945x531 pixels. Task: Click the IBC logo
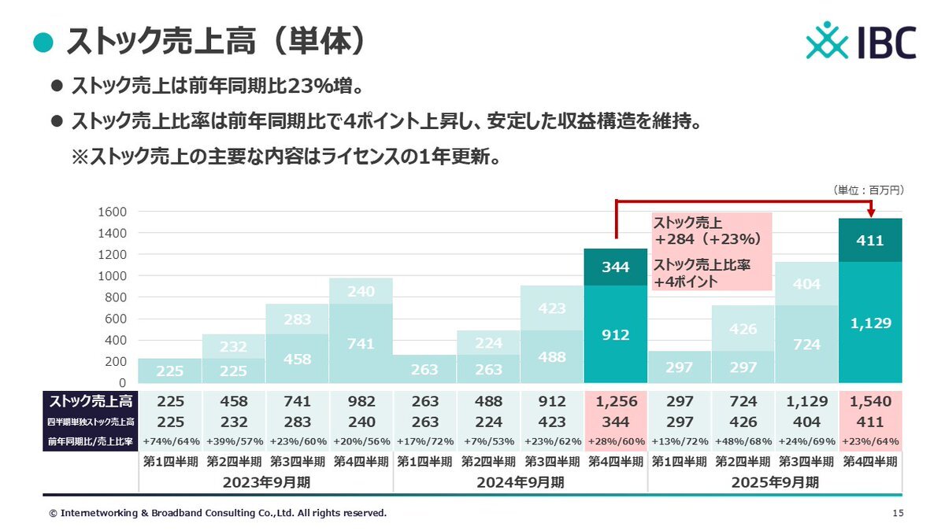tap(861, 41)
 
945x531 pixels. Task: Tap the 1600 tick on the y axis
tap(111, 212)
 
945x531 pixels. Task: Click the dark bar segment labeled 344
tap(616, 267)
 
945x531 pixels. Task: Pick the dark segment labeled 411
tap(870, 241)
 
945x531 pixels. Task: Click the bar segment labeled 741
tap(361, 343)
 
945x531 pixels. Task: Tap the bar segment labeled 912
tap(616, 334)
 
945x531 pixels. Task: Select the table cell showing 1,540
tap(870, 402)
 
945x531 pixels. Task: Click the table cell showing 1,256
tap(616, 402)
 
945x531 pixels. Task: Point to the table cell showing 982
tap(361, 402)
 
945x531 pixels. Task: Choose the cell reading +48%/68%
tap(743, 441)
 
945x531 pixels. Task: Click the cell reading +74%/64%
tap(170, 441)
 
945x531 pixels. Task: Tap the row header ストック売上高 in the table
tap(85, 402)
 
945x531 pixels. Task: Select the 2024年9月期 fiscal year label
tap(520, 482)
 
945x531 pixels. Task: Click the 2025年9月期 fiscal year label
tap(775, 482)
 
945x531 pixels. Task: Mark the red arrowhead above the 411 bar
tap(870, 213)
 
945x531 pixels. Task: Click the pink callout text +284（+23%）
tap(707, 238)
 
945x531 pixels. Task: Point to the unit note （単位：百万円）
tap(867, 190)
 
